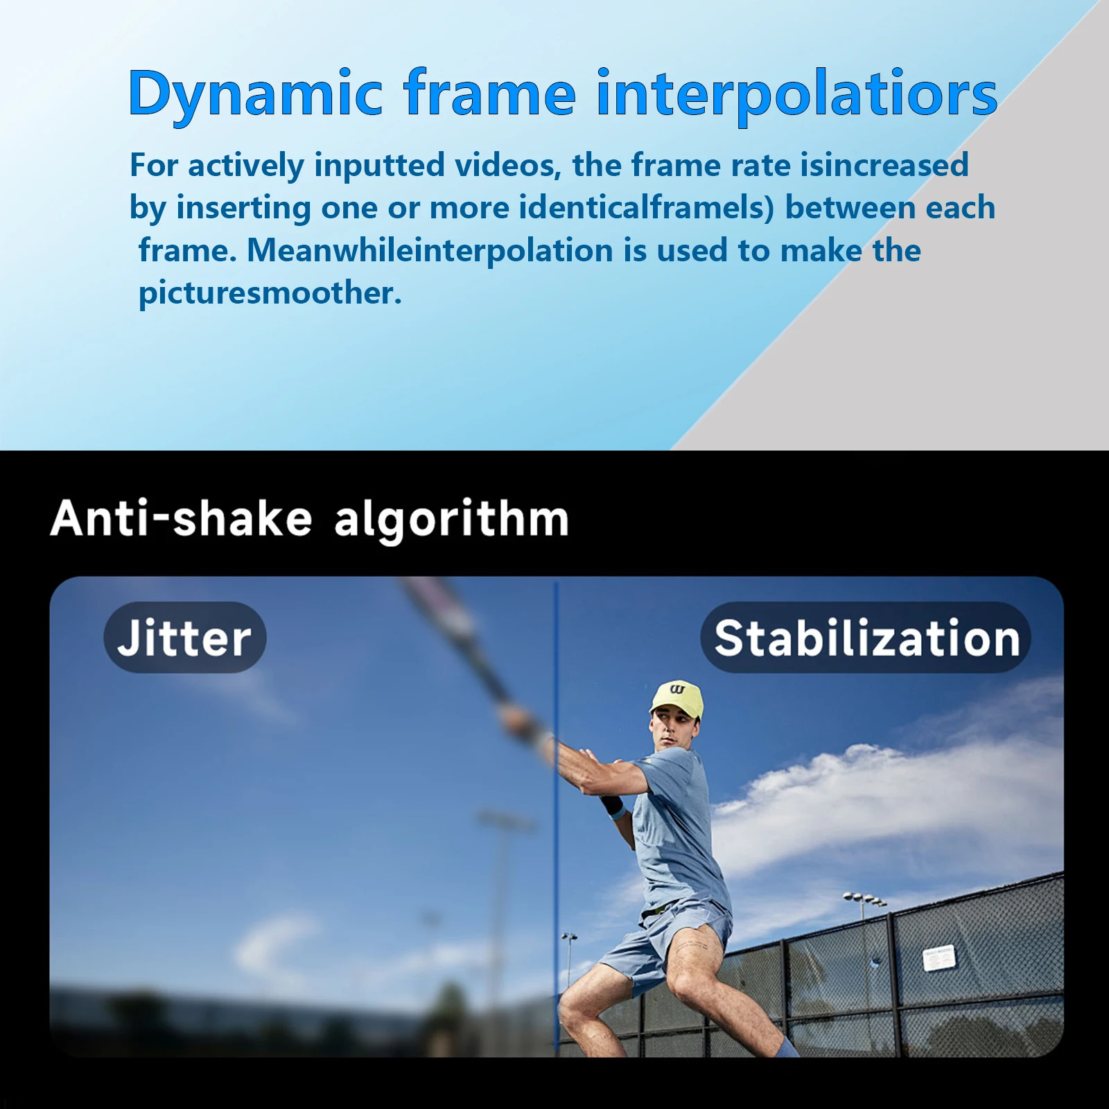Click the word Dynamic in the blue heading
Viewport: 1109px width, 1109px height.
(255, 94)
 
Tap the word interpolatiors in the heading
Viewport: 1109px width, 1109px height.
(796, 94)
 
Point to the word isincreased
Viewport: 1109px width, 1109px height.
(884, 165)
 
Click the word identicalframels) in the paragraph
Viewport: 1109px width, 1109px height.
(646, 207)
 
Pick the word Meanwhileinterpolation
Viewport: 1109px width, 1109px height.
(430, 250)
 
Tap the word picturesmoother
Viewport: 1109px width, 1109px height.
(270, 293)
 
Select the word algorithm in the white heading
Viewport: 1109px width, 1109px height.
(451, 520)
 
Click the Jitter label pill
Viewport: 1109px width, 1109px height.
(185, 638)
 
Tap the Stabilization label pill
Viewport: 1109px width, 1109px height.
(866, 638)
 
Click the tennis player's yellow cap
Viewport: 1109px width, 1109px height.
(677, 697)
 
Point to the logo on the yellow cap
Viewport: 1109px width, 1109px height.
(677, 690)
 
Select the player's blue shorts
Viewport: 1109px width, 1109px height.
(665, 936)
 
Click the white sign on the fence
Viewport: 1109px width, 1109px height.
(939, 959)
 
